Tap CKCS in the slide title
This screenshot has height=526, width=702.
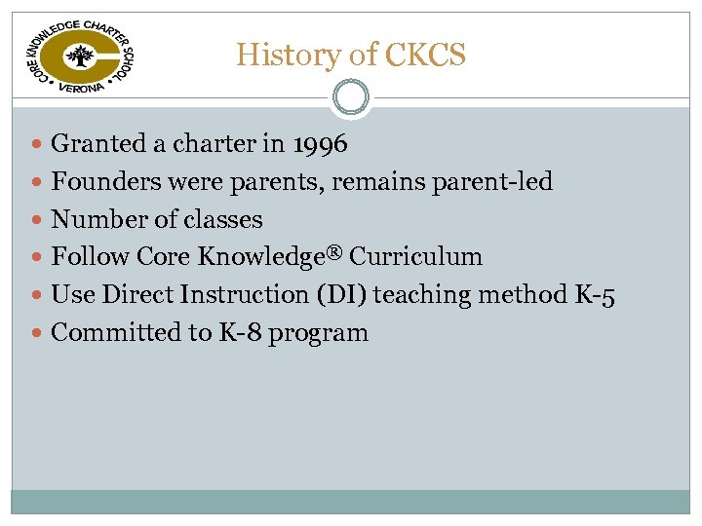click(x=425, y=55)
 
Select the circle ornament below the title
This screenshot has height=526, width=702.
click(x=351, y=97)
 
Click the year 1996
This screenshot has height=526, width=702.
click(x=320, y=145)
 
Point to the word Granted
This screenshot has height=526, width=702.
click(x=98, y=145)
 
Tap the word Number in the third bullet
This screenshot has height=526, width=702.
click(x=94, y=220)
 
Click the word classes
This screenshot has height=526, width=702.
click(x=226, y=220)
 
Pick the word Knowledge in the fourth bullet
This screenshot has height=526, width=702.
click(x=260, y=257)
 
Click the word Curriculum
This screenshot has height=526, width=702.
click(x=416, y=257)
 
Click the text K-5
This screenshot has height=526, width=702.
click(x=595, y=295)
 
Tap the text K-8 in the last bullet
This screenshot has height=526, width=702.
click(x=234, y=333)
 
